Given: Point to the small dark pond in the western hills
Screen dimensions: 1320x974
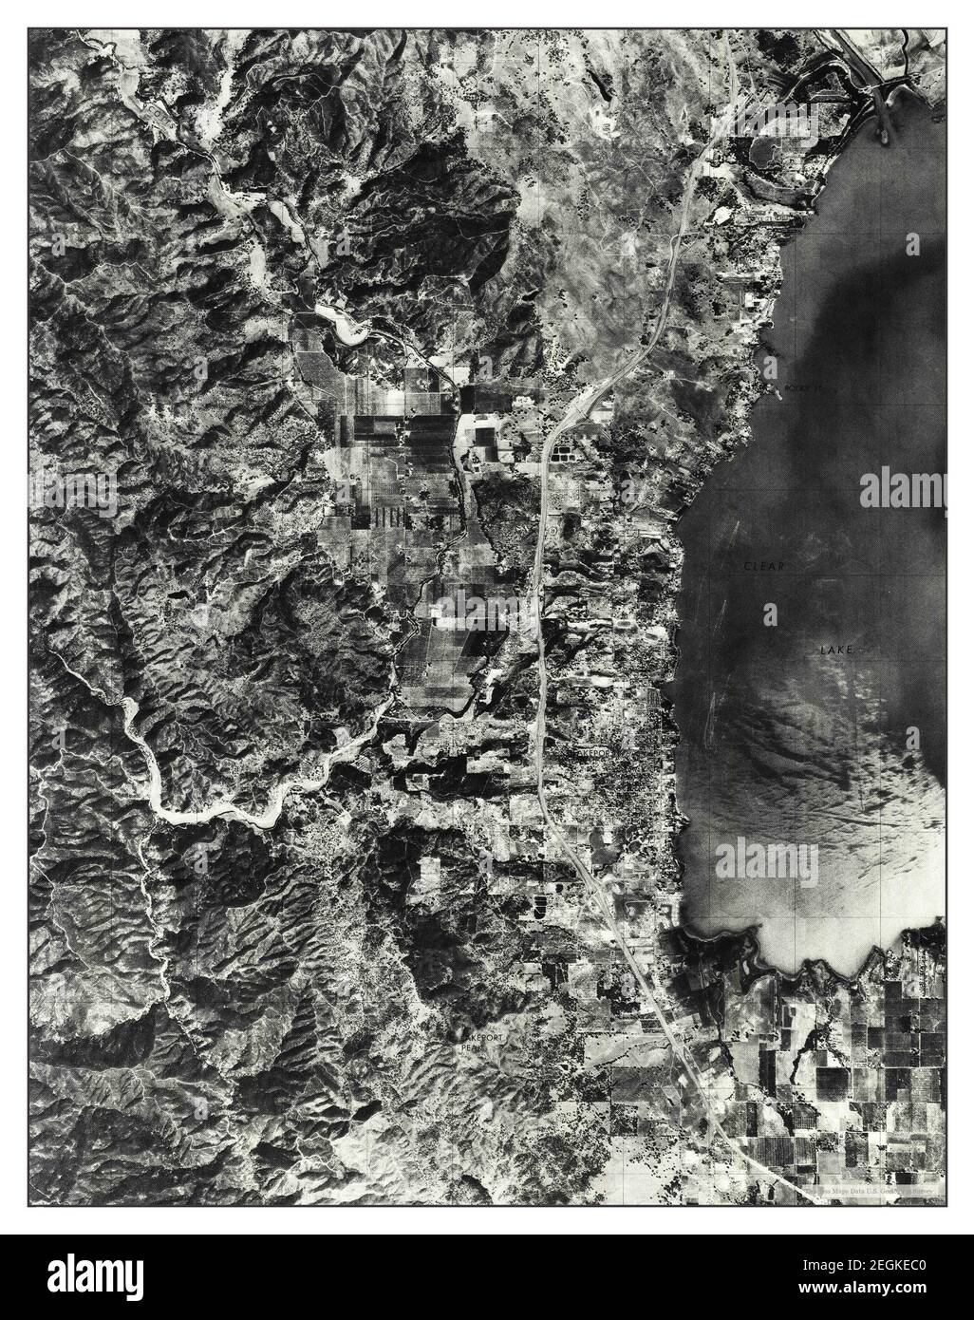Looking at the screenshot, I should [x=177, y=597].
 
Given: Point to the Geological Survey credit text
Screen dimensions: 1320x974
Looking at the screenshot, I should [x=873, y=1189].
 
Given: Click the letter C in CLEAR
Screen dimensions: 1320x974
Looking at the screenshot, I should [x=746, y=566].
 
